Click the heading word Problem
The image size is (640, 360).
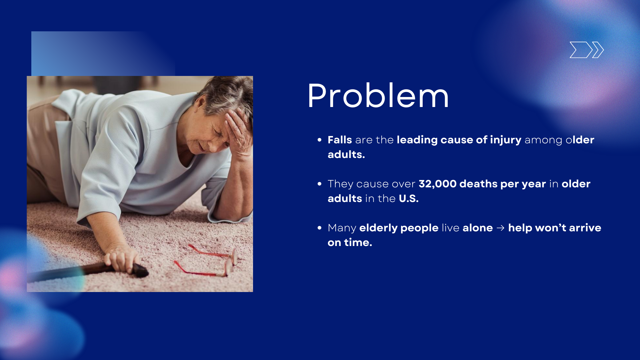tap(378, 96)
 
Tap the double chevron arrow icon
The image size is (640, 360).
tap(587, 50)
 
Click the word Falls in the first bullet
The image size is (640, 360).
tap(340, 140)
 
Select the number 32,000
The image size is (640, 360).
tap(437, 184)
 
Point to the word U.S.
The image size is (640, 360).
tap(409, 199)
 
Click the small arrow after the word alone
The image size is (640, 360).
tap(500, 228)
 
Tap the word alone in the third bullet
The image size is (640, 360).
tap(478, 228)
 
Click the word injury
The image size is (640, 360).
tap(506, 140)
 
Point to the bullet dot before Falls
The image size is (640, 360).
tap(320, 140)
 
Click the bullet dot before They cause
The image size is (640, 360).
tap(320, 184)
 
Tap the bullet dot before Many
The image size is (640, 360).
tap(320, 228)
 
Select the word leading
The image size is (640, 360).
tap(417, 140)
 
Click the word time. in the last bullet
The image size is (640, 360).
tap(358, 242)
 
